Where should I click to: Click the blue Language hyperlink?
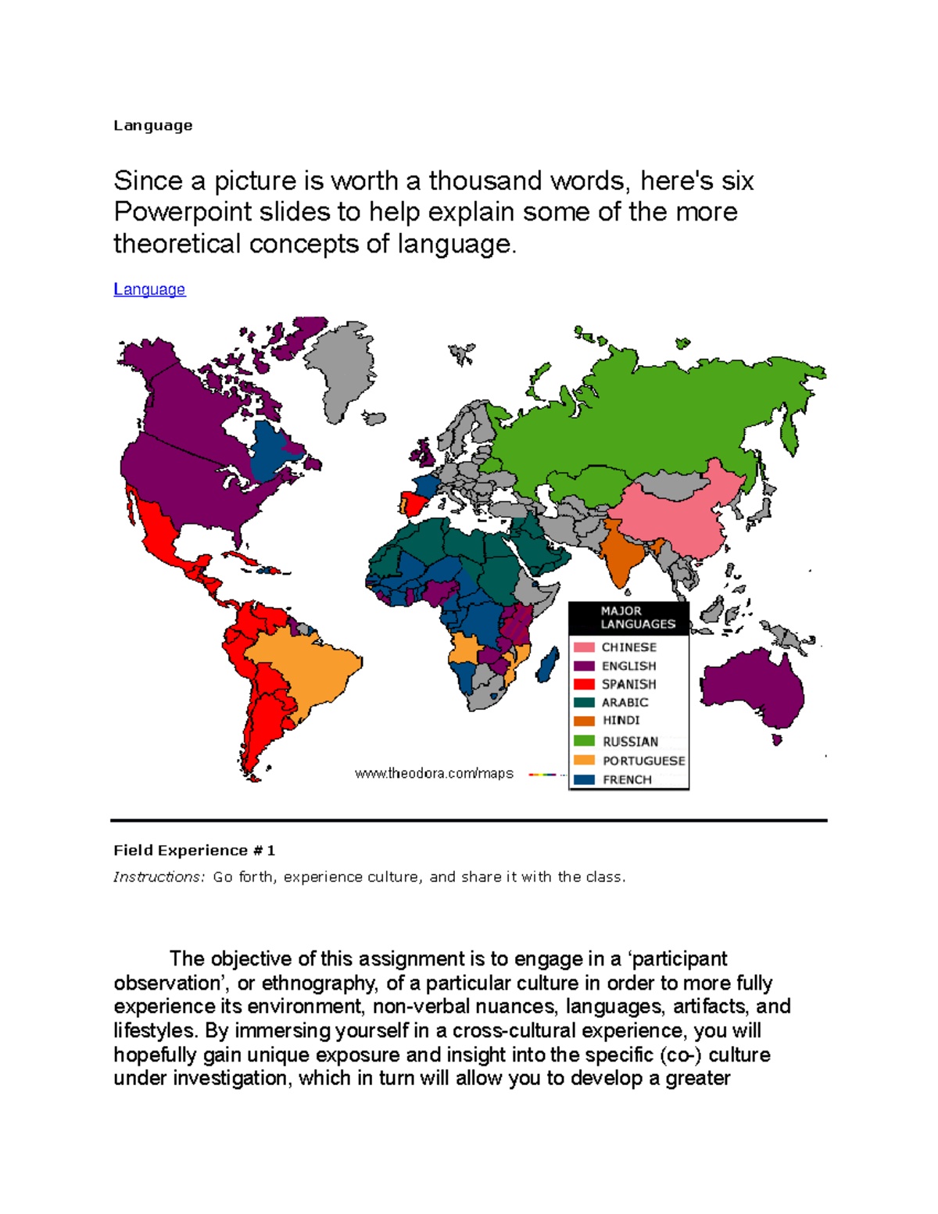point(149,289)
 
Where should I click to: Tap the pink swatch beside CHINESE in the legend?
point(584,647)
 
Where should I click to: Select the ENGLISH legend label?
point(628,666)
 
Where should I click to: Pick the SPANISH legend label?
point(628,684)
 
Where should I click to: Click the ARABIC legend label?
point(625,703)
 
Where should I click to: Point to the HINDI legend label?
point(621,721)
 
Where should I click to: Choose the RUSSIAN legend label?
point(630,742)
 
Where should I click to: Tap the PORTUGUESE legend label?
point(643,761)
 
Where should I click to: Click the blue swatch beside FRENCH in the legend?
point(584,779)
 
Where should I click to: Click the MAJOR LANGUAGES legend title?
point(637,618)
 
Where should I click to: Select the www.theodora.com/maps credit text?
point(434,774)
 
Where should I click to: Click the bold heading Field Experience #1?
point(194,851)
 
